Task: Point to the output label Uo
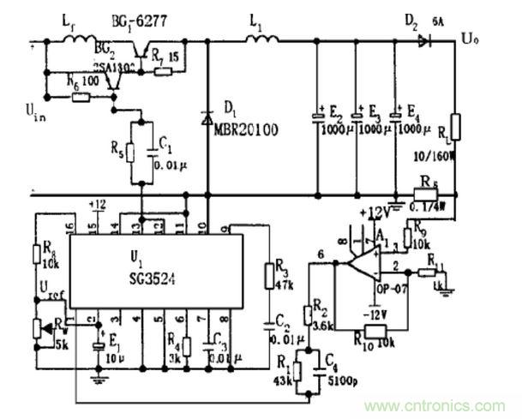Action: coord(470,39)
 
